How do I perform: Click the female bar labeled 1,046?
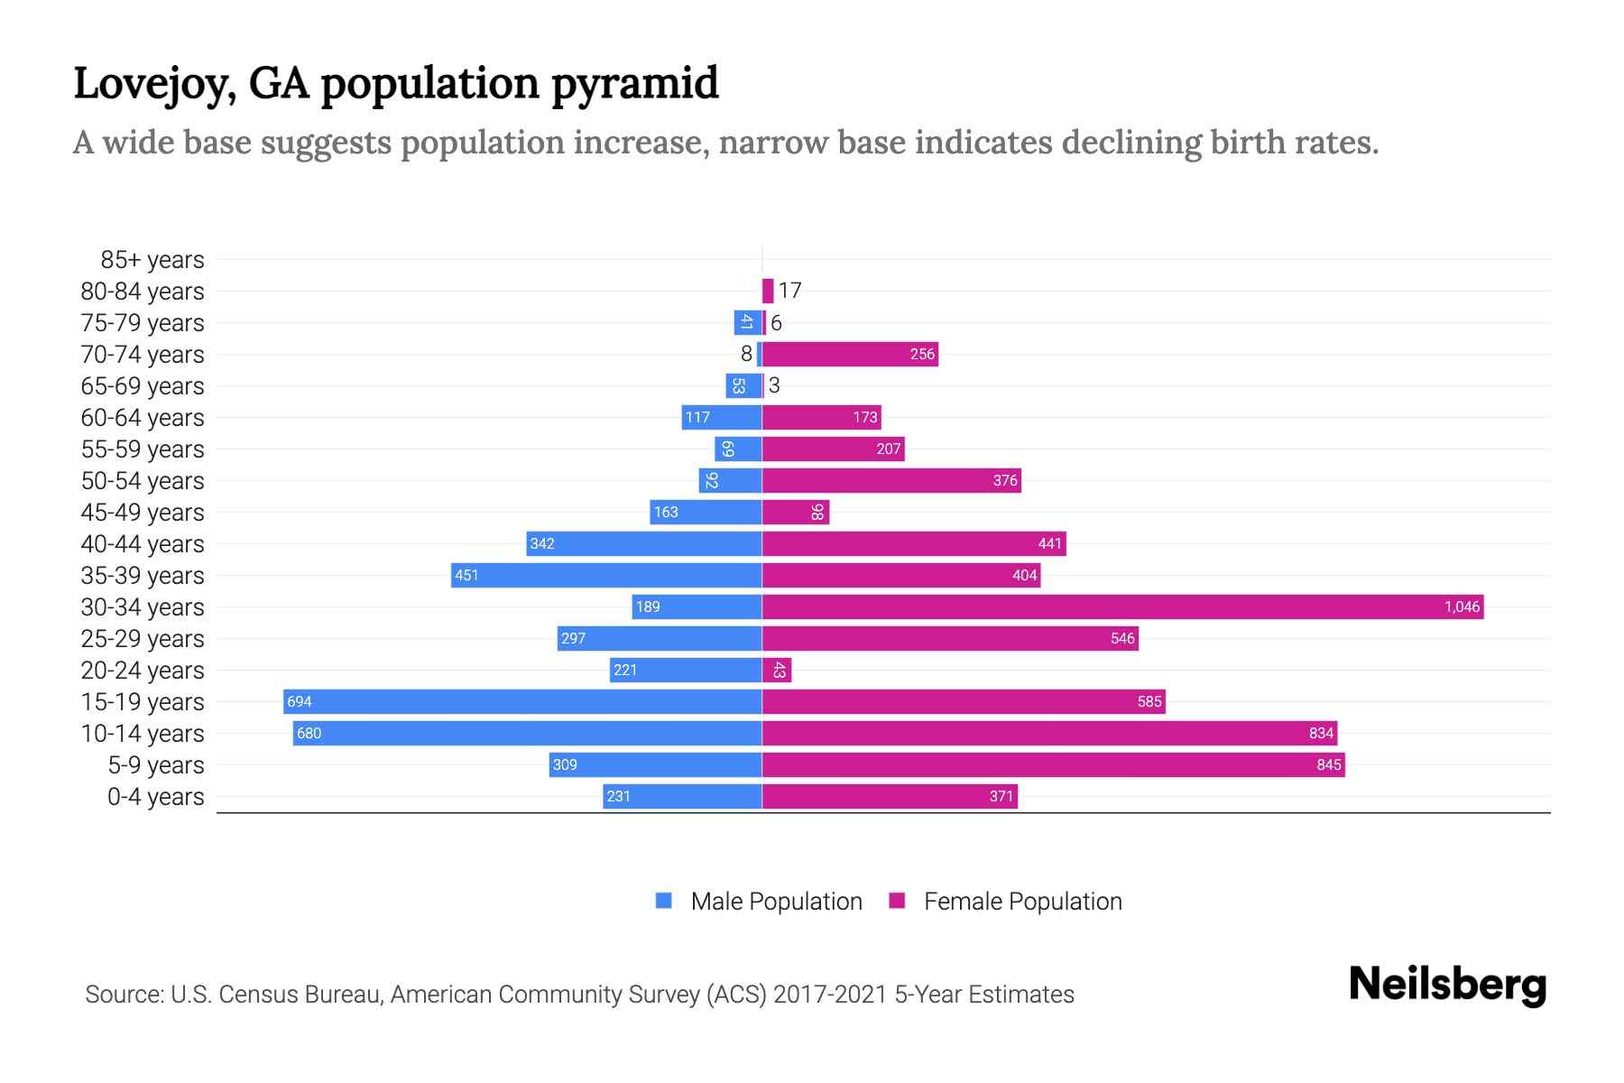tap(1122, 606)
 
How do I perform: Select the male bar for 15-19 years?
tap(522, 701)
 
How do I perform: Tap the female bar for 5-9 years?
tap(1053, 764)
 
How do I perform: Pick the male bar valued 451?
tap(606, 575)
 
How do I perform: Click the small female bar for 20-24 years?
tap(777, 670)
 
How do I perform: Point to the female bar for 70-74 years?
tap(850, 354)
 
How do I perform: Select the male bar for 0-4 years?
tap(682, 796)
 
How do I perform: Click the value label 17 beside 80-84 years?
tap(789, 291)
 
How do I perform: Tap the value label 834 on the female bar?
tap(1320, 733)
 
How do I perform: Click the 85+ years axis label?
tap(152, 260)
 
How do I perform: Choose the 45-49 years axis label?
tap(143, 513)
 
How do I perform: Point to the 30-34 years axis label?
tap(143, 607)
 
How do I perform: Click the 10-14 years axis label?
tap(143, 734)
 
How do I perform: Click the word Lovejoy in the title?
tap(154, 84)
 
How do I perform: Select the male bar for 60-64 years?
tap(722, 417)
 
